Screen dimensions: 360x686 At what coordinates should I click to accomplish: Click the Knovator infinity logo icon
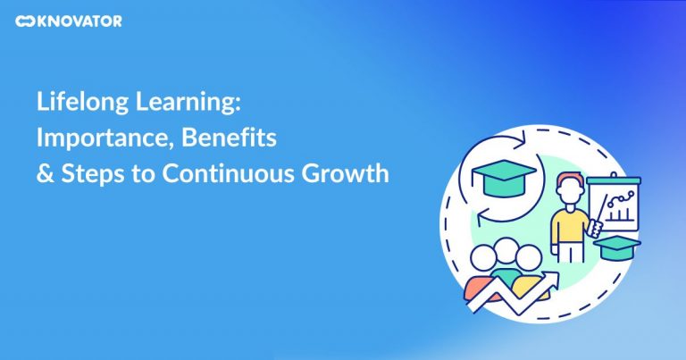tap(25, 21)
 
